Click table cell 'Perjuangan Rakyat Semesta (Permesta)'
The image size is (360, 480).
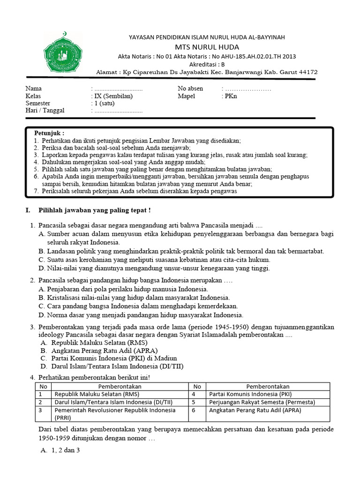click(262, 402)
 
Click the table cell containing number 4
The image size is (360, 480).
click(197, 394)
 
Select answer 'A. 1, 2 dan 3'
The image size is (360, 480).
click(60, 450)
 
